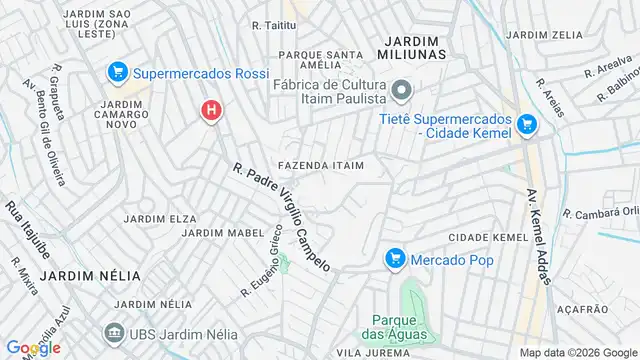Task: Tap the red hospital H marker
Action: pos(210,111)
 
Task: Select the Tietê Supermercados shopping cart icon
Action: pos(527,126)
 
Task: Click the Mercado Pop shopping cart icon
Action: pos(395,259)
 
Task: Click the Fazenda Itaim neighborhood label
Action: pos(329,164)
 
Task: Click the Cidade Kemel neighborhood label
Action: pos(487,236)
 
